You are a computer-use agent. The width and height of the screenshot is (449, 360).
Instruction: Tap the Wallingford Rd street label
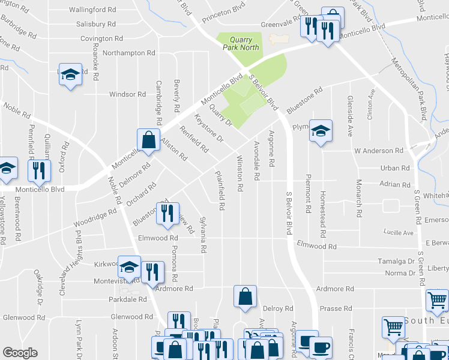pos(92,10)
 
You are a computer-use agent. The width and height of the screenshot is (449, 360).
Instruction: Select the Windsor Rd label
pos(127,94)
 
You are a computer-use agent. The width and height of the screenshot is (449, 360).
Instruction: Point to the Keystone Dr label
pos(209,129)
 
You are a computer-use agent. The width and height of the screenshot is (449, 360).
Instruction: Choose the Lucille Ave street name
pos(399,232)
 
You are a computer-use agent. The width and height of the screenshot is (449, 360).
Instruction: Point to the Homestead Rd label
pos(323,209)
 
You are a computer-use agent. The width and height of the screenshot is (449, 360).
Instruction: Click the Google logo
pos(20,353)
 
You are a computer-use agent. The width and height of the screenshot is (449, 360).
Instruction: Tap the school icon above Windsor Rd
pos(70,74)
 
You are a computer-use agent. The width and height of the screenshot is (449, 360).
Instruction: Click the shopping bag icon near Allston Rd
pos(148,141)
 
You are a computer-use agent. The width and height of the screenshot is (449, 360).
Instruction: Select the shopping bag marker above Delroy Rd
pos(245,296)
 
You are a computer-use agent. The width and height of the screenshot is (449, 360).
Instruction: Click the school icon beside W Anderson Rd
pos(321,130)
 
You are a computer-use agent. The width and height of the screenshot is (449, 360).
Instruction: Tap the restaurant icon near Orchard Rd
pos(167,214)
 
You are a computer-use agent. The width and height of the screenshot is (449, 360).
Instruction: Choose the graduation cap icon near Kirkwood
pos(128,266)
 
